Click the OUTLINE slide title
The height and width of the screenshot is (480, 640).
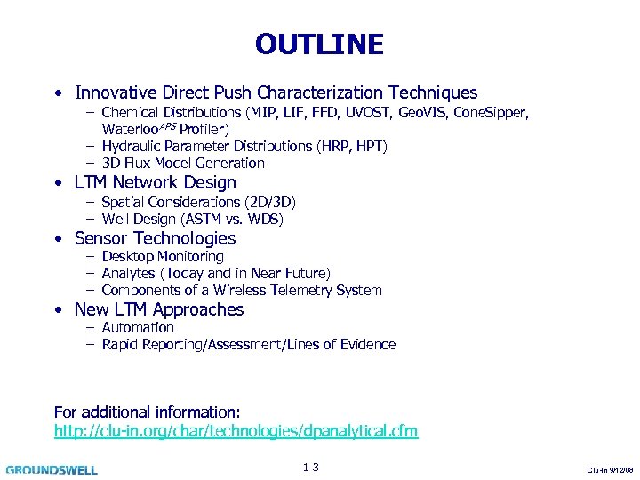[319, 44]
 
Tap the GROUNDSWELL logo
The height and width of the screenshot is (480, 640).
[52, 469]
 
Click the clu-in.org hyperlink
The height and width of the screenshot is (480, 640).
[236, 431]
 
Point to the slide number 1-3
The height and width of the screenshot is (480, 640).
[310, 468]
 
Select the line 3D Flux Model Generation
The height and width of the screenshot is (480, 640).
[183, 163]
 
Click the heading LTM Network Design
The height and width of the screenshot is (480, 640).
[156, 183]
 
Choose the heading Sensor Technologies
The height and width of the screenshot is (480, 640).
[156, 238]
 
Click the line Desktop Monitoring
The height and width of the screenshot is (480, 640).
[163, 256]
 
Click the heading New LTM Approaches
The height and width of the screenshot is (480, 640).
[159, 309]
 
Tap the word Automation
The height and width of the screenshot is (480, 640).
[138, 327]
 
